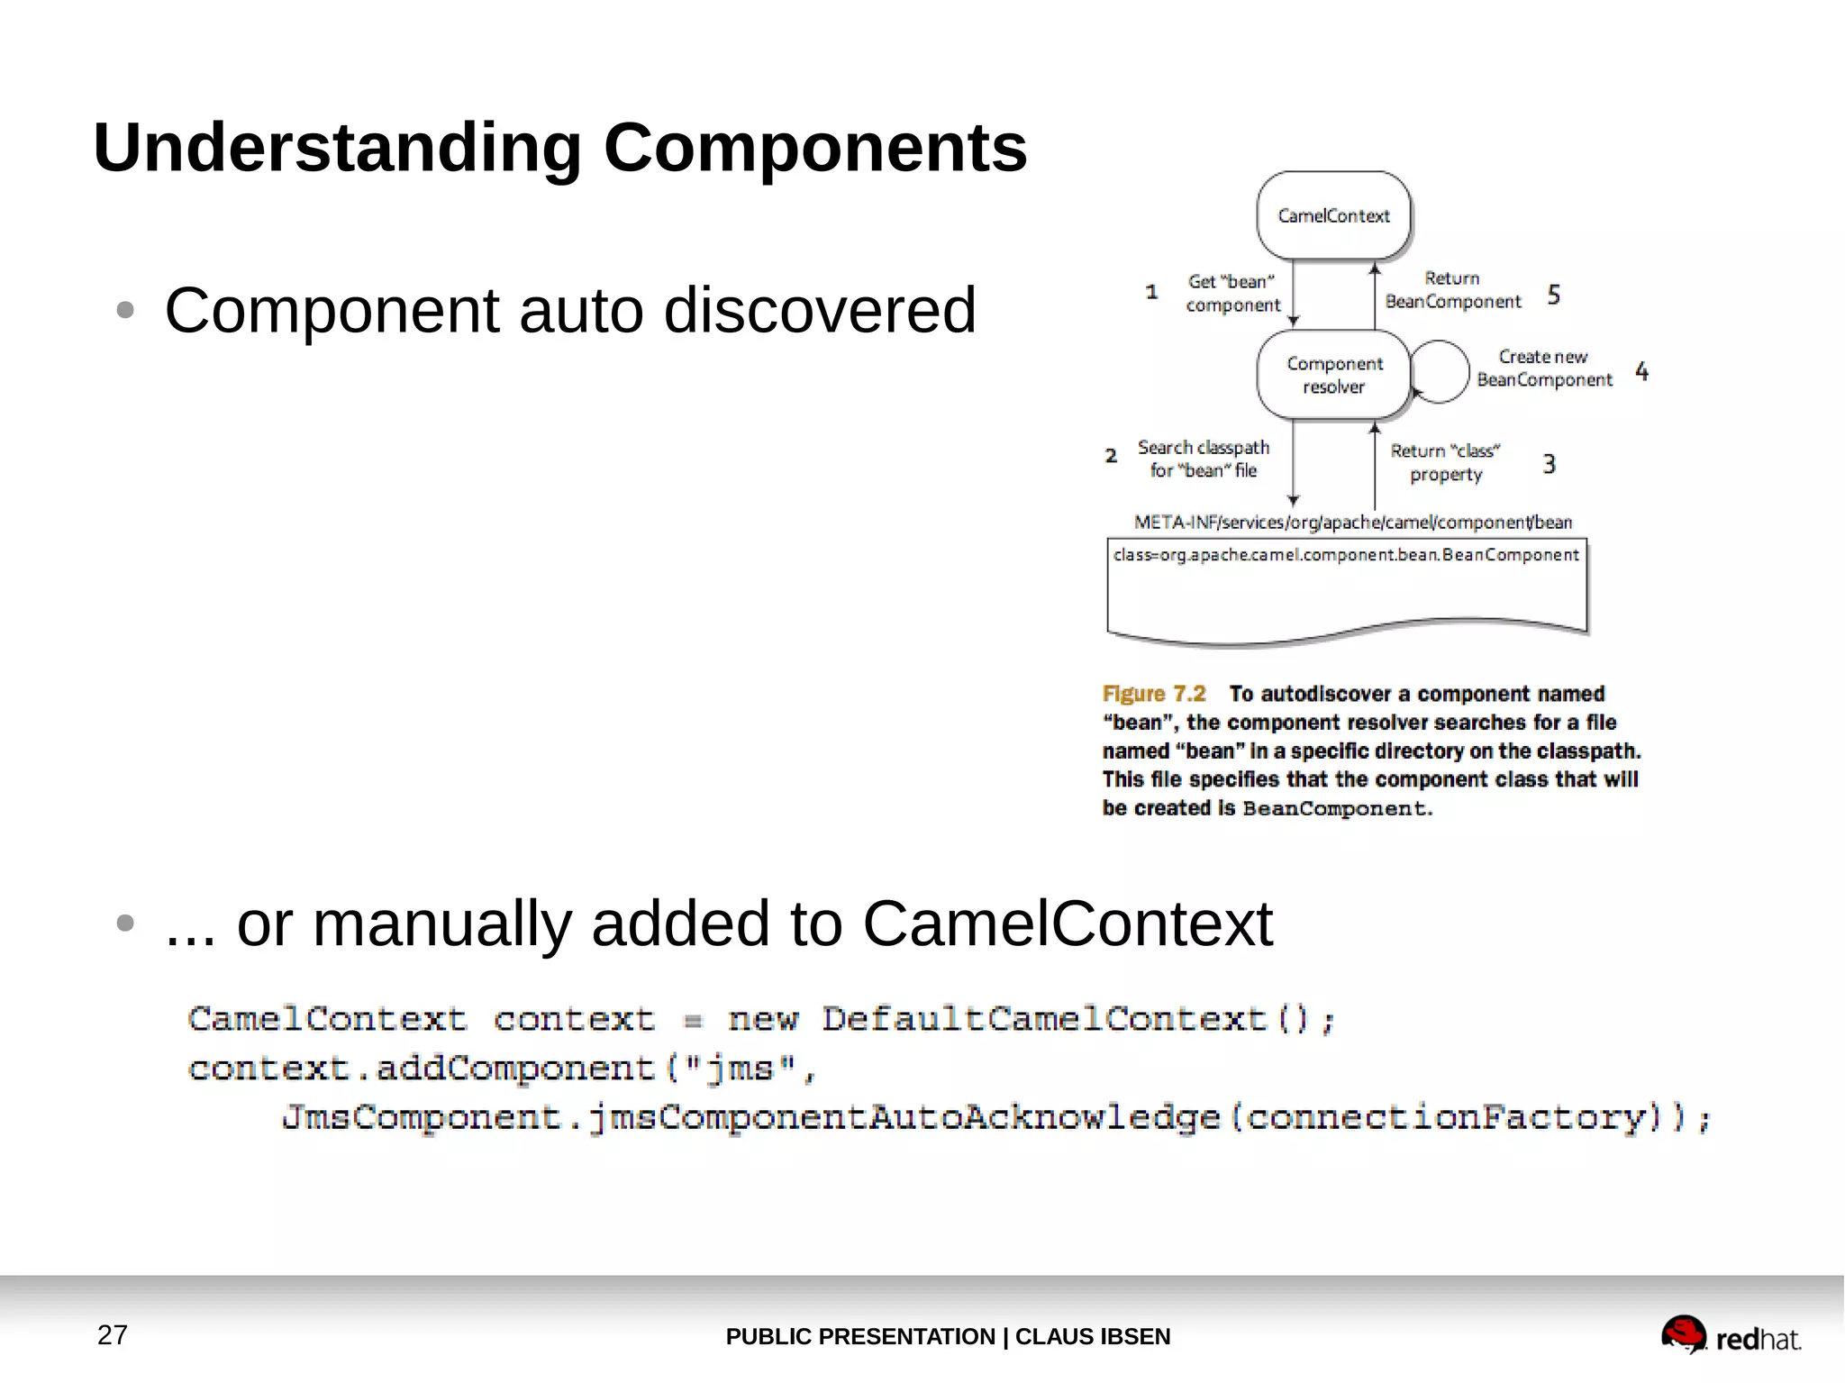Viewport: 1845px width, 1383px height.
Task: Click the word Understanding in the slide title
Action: (x=337, y=148)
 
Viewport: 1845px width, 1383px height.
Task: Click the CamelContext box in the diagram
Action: (x=1333, y=216)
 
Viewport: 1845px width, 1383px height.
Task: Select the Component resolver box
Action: (x=1333, y=375)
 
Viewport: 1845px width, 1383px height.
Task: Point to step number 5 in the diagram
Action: (x=1554, y=295)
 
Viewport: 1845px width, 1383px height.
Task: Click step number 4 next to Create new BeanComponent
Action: (x=1641, y=371)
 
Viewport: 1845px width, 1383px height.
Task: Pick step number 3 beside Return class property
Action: (x=1549, y=464)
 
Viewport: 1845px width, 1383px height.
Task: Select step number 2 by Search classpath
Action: (x=1111, y=456)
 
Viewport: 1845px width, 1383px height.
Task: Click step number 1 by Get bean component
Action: (x=1151, y=292)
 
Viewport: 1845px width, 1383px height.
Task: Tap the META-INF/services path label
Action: (x=1352, y=523)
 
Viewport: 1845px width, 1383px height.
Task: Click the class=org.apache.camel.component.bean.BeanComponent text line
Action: (x=1346, y=555)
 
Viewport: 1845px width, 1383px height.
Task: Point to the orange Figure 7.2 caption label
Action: (x=1153, y=694)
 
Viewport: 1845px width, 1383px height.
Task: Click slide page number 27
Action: (x=113, y=1334)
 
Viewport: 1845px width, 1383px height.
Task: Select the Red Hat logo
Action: (x=1730, y=1336)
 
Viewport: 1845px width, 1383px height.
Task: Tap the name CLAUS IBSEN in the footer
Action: (x=1092, y=1336)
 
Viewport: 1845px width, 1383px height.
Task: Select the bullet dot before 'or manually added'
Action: (x=125, y=924)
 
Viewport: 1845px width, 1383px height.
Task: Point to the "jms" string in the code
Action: (x=741, y=1069)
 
